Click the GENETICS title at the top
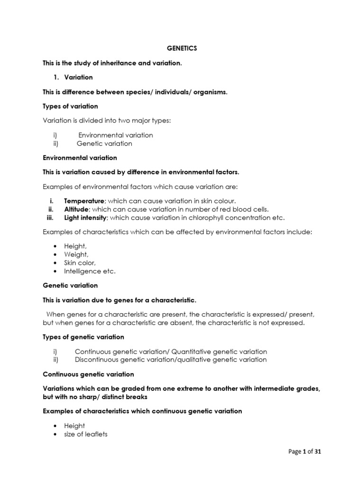tap(182, 48)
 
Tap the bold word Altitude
tap(76, 209)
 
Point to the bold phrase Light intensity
tap(86, 218)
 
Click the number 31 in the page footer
tap(318, 452)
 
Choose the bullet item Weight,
tap(76, 255)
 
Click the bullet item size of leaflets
tap(86, 434)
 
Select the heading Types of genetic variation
tap(83, 337)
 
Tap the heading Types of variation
tap(70, 106)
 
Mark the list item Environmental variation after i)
tap(115, 135)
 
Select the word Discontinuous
tap(97, 360)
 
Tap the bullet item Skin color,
tap(80, 263)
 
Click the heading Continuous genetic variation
tap(88, 374)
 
